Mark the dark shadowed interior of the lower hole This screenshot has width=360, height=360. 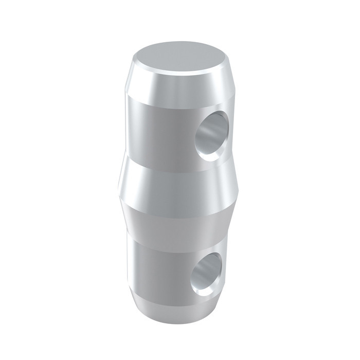tap(213, 265)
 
